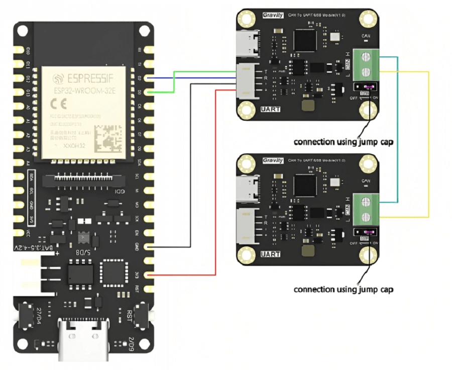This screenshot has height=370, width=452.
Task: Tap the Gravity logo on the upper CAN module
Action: (x=273, y=15)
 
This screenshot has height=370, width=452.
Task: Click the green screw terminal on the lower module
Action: (x=366, y=210)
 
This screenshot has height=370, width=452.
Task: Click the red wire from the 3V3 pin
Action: (x=215, y=201)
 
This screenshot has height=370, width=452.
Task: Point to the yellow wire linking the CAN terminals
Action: (x=428, y=146)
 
